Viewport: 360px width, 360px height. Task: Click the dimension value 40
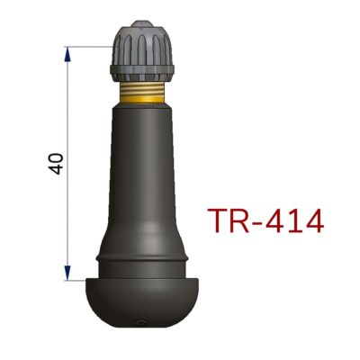pos(57,162)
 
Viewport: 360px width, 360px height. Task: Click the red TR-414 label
pos(265,220)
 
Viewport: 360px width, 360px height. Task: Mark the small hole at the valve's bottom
pos(138,325)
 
